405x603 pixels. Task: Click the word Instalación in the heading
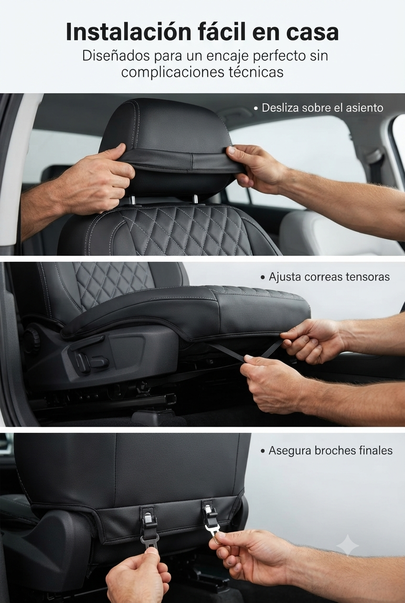128,32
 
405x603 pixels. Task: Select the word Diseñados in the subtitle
116,56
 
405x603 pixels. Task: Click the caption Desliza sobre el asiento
319,108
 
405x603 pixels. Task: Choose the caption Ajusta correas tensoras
325,277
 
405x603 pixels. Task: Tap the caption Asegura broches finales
327,450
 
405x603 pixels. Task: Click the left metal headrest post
132,200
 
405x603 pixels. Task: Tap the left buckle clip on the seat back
148,514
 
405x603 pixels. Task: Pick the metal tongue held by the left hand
150,541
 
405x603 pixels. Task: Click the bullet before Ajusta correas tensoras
263,278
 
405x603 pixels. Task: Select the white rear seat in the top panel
337,231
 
